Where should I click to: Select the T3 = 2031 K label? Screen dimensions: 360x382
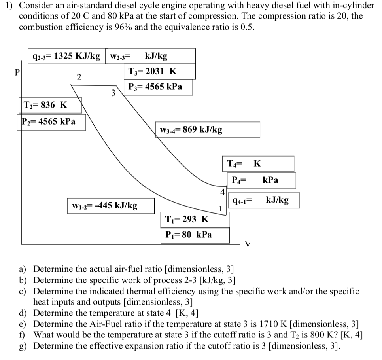click(x=152, y=72)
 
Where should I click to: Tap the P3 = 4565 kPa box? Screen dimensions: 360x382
click(x=155, y=87)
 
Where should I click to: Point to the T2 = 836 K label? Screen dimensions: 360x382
click(x=46, y=105)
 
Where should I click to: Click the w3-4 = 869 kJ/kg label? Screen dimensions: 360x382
click(x=191, y=129)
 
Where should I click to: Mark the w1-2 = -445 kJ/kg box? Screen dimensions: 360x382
click(x=105, y=205)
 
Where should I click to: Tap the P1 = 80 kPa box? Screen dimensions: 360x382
click(x=188, y=235)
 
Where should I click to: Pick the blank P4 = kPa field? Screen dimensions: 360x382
click(x=261, y=180)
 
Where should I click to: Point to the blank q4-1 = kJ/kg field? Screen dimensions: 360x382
click(x=261, y=200)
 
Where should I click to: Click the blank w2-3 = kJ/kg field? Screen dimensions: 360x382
click(x=152, y=56)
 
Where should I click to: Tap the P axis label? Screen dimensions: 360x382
click(x=17, y=73)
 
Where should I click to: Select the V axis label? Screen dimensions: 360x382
click(x=248, y=243)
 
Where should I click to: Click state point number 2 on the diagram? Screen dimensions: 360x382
click(x=79, y=77)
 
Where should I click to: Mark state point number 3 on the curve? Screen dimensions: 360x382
click(x=113, y=94)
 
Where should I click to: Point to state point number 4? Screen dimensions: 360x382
click(x=222, y=193)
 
